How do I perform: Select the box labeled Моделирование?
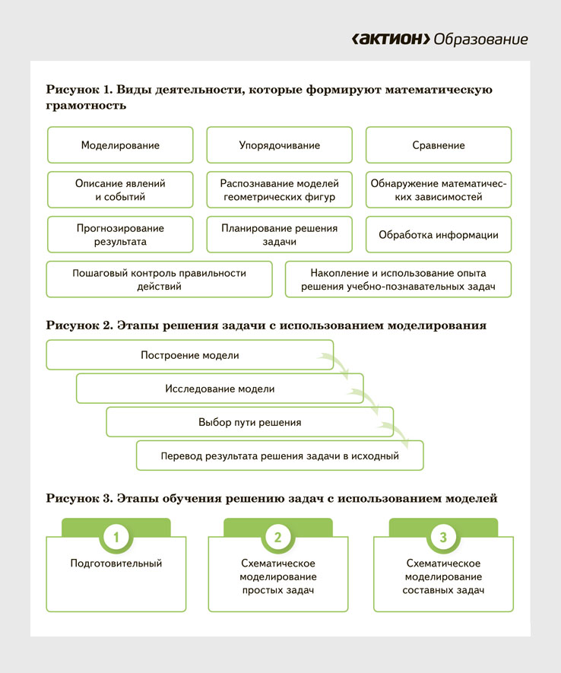tap(120, 145)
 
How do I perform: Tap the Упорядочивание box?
tap(279, 145)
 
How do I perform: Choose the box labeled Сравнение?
tap(439, 145)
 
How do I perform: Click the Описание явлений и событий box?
tap(120, 190)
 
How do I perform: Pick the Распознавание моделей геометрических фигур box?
tap(279, 190)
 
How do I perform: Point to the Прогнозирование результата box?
tap(120, 235)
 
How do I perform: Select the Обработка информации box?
tap(439, 235)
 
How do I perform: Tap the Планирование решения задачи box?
tap(279, 235)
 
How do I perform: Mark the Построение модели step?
tap(190, 355)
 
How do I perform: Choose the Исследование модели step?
tap(220, 389)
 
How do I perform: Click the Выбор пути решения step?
tap(250, 422)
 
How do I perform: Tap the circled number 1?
tap(116, 537)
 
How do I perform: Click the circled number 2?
tap(277, 537)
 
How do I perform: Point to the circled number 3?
tap(442, 537)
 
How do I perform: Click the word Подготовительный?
tap(116, 563)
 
